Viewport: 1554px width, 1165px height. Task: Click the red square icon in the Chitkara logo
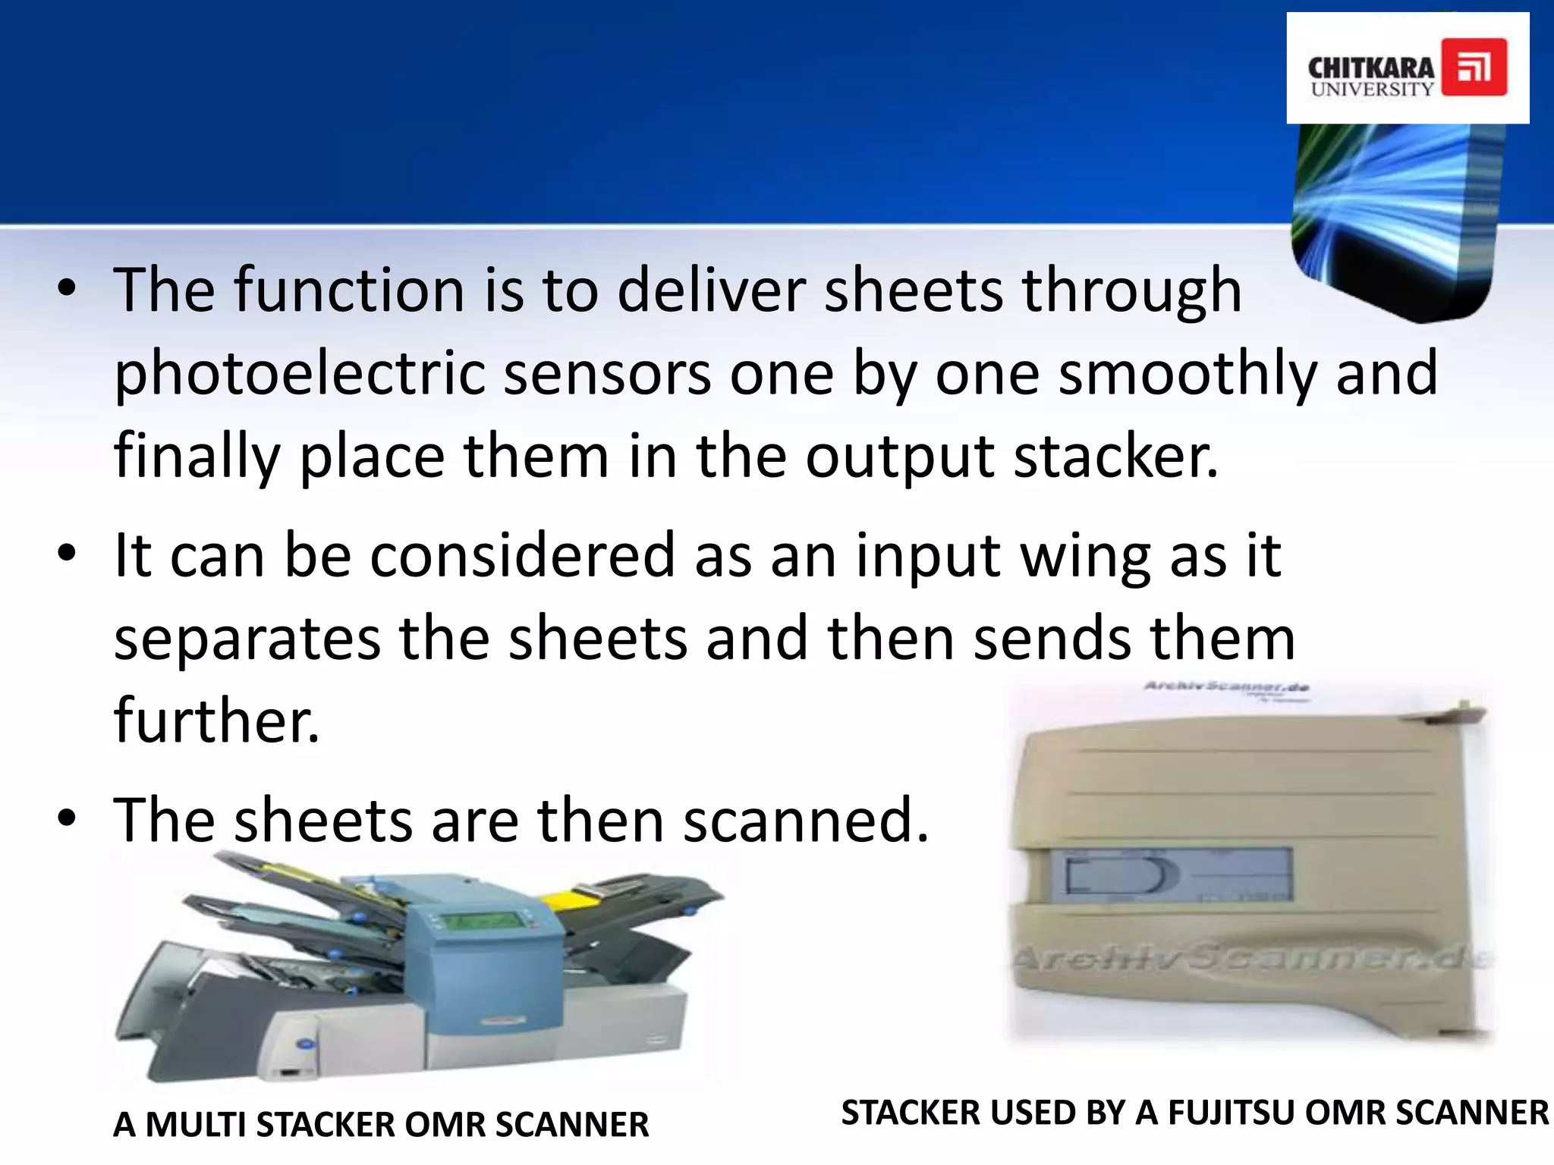[x=1474, y=68]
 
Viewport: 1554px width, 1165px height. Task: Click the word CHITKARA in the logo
[x=1371, y=68]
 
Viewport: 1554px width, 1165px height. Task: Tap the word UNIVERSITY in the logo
[x=1372, y=89]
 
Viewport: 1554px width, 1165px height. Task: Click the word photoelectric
[x=300, y=373]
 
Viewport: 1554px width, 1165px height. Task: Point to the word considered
[x=522, y=555]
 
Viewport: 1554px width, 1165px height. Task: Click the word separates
[x=247, y=639]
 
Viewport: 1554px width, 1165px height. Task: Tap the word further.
[x=217, y=721]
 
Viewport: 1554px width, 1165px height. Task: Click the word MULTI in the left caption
[x=198, y=1125]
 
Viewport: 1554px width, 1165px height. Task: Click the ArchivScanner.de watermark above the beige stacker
[x=1226, y=687]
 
